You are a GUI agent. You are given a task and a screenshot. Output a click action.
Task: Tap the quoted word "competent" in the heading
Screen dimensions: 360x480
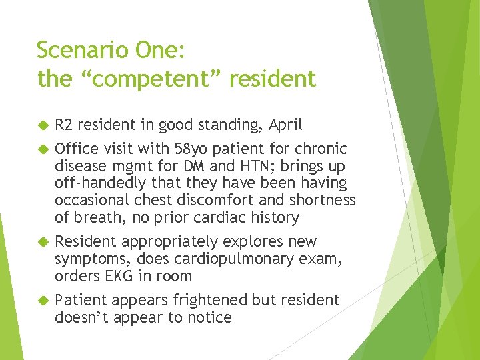pos(152,79)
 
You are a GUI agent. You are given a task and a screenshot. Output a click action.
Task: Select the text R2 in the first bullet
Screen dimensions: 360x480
pos(64,125)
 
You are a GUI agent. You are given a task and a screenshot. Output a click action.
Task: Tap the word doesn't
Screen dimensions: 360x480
pos(83,317)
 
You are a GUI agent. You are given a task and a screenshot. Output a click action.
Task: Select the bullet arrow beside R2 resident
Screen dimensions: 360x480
pos(43,125)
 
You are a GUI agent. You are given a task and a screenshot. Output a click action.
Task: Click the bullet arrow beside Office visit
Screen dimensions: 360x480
pos(43,148)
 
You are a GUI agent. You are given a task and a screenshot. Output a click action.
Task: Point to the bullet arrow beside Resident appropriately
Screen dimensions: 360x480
pos(43,241)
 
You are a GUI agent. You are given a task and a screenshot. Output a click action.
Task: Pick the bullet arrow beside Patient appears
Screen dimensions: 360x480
pos(43,300)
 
